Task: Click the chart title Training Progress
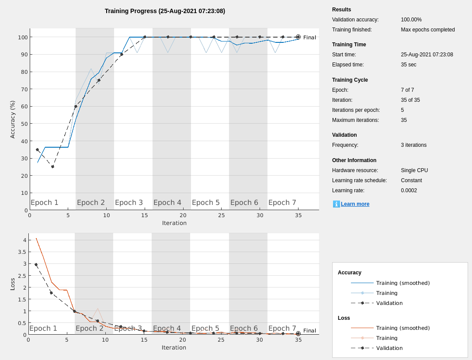165,11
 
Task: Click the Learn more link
355,204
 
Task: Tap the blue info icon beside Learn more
336,204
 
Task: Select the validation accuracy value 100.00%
411,20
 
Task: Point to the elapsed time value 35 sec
408,65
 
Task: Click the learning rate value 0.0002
409,190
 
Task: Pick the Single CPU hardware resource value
414,170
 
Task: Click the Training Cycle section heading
350,80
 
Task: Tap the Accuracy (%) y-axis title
13,119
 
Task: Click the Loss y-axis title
13,284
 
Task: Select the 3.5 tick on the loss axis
21,252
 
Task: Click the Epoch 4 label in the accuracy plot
167,203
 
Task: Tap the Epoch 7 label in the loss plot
282,329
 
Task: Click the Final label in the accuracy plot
309,38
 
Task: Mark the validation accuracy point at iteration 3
52,166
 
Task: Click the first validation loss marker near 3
36,264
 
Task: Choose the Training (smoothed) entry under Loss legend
403,328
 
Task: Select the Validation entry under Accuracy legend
389,303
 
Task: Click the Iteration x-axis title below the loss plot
174,348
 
